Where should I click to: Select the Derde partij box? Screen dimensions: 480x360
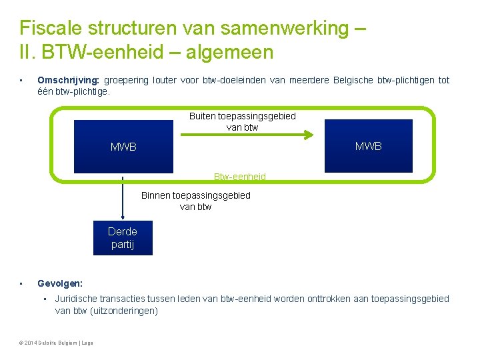(x=123, y=238)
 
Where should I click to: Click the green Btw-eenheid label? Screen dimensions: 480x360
(x=240, y=177)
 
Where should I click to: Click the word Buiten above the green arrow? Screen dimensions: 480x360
(x=203, y=116)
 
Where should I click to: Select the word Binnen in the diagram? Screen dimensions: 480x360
(x=156, y=195)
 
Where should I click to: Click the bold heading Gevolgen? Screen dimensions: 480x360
(x=60, y=283)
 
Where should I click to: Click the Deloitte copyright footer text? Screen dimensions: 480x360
(x=57, y=343)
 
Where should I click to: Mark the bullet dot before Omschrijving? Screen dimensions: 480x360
(x=22, y=81)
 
